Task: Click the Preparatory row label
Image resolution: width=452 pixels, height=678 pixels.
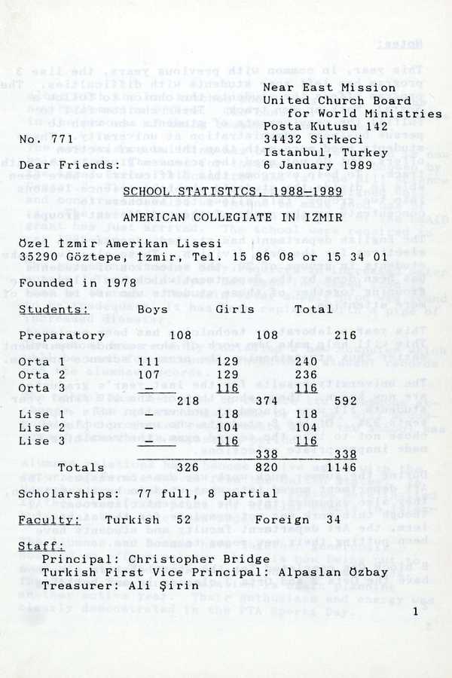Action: pos(62,335)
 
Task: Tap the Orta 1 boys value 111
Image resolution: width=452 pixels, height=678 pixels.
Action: pos(148,362)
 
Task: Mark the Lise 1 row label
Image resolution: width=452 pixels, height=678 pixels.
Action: pos(42,414)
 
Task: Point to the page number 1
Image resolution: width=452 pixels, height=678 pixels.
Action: pos(414,612)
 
